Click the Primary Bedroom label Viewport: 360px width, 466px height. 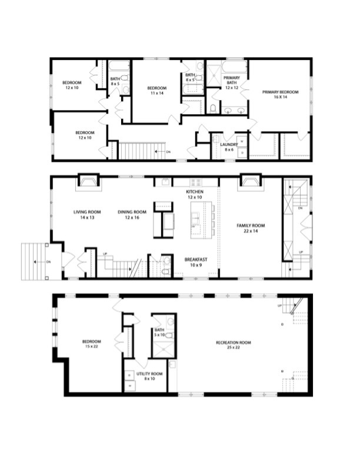tap(280, 94)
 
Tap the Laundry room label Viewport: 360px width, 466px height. tap(228, 147)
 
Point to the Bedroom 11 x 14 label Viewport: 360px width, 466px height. tap(157, 91)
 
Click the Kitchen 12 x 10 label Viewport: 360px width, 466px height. tap(195, 195)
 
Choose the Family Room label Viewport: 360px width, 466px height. tap(251, 228)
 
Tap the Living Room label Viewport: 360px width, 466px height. tap(84, 214)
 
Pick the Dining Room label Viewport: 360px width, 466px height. tap(132, 214)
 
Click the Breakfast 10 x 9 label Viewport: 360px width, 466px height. tap(195, 262)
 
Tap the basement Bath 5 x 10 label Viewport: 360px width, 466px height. tap(159, 332)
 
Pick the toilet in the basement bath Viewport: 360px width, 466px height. tap(169, 335)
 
